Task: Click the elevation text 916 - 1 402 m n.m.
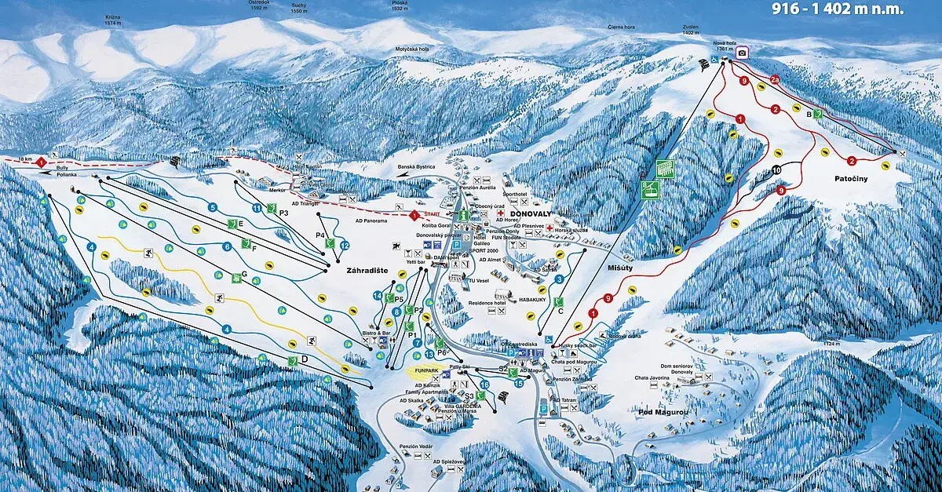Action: (837, 9)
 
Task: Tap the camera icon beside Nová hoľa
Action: (742, 53)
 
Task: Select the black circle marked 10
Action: (776, 169)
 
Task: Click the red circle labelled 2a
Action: (775, 79)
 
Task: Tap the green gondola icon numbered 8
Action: (649, 189)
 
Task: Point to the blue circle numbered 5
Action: (212, 207)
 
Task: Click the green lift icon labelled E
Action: (232, 224)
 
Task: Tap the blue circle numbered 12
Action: (345, 246)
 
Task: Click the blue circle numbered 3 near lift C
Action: (559, 279)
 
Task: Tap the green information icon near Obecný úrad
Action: (464, 213)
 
